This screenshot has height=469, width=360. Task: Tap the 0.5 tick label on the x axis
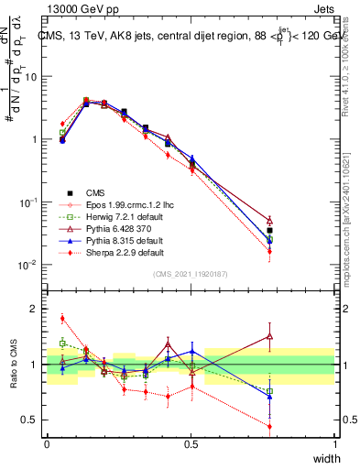[191, 444]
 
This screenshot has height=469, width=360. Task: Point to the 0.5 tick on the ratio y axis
[33, 420]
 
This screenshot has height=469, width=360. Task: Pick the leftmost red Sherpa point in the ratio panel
[62, 319]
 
